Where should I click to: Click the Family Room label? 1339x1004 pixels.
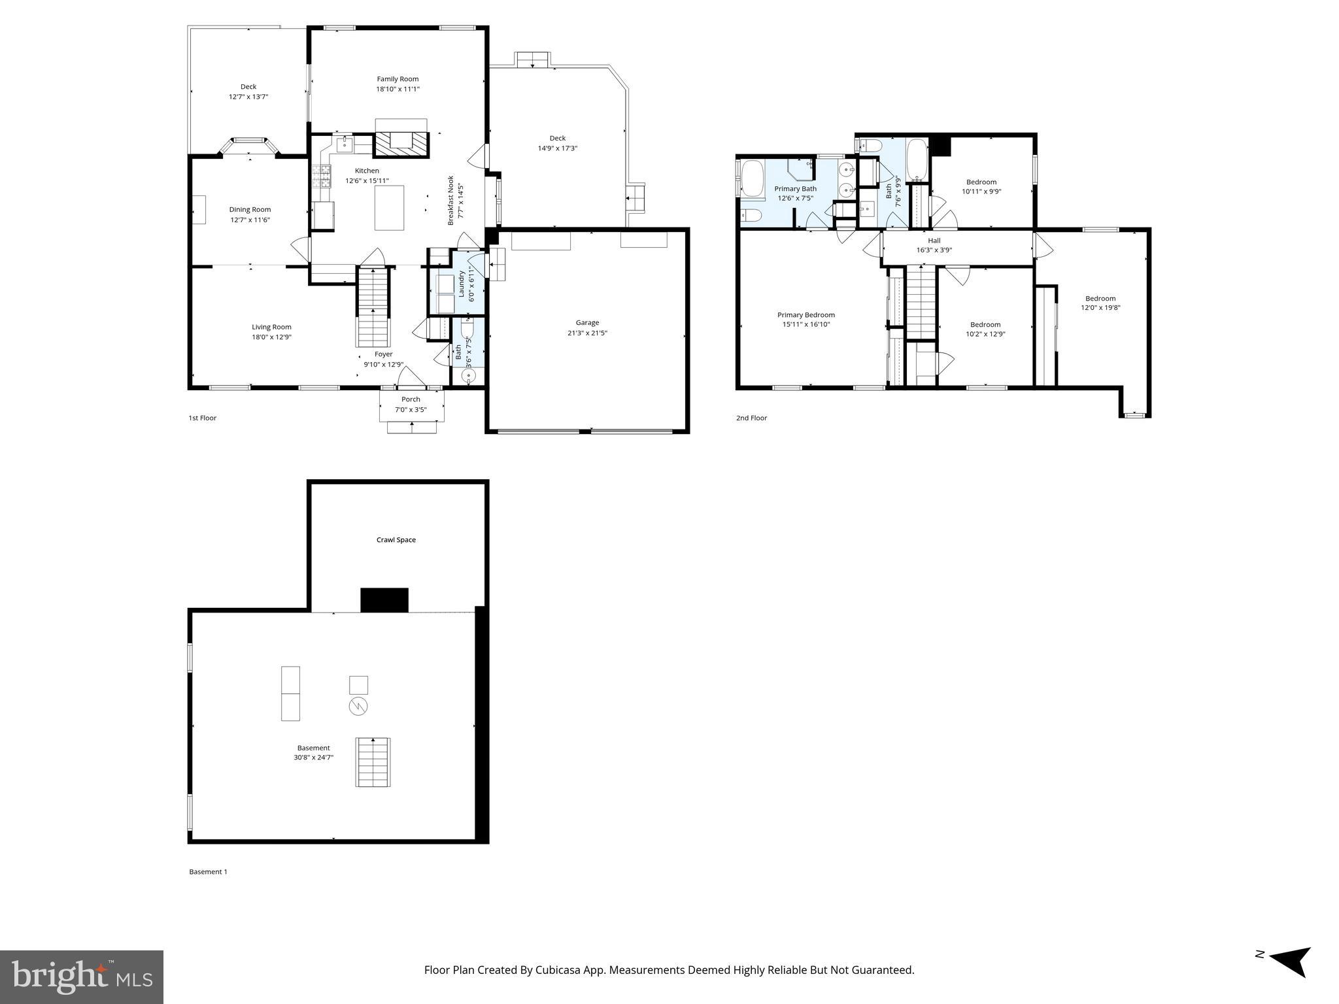pyautogui.click(x=398, y=79)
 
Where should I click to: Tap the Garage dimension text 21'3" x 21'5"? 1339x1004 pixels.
pyautogui.click(x=587, y=333)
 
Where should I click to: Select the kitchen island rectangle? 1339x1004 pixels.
pyautogui.click(x=389, y=208)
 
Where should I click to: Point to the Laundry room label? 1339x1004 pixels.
pyautogui.click(x=461, y=284)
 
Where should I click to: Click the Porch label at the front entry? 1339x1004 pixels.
pyautogui.click(x=411, y=399)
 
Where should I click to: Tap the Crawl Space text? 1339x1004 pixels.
pyautogui.click(x=396, y=540)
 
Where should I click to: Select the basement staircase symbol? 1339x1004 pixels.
pyautogui.click(x=373, y=762)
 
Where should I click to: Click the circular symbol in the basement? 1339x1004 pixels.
pyautogui.click(x=358, y=706)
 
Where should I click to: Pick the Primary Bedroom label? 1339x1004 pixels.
pyautogui.click(x=805, y=315)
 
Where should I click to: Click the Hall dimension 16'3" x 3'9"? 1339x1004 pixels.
pyautogui.click(x=934, y=250)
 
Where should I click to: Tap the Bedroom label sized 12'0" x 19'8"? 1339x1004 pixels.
pyautogui.click(x=1100, y=299)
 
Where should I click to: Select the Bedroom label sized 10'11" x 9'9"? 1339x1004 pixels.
pyautogui.click(x=981, y=182)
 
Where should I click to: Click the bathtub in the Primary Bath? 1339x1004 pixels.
pyautogui.click(x=753, y=180)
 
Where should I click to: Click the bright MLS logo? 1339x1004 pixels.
pyautogui.click(x=82, y=977)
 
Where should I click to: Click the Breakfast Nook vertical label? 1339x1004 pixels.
pyautogui.click(x=450, y=200)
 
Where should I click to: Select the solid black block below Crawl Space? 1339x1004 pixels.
pyautogui.click(x=384, y=600)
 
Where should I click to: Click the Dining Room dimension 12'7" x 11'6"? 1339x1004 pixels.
pyautogui.click(x=250, y=220)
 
